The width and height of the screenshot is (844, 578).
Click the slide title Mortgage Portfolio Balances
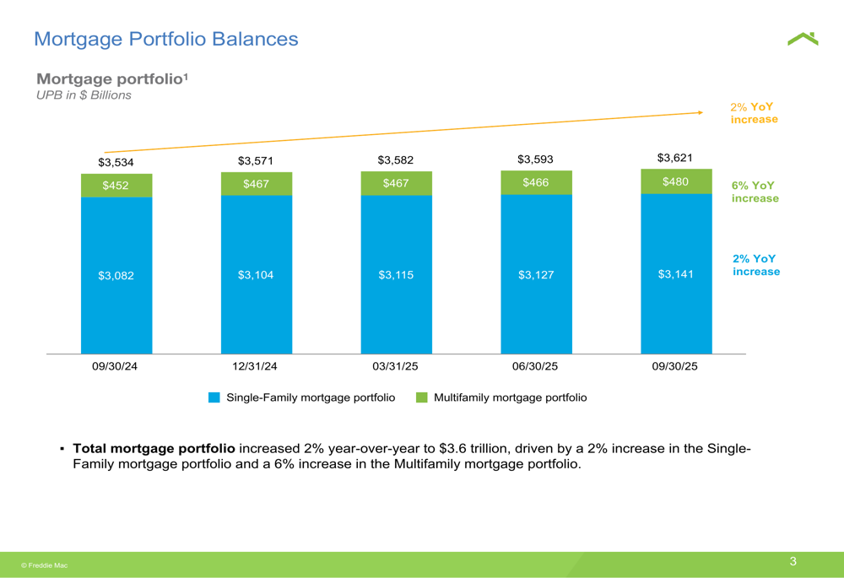165,39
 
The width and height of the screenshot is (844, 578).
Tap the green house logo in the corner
803,39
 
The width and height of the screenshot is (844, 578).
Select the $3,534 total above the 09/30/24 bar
116,162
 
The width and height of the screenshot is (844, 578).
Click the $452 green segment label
116,186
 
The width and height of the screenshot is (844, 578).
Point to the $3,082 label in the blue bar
116,275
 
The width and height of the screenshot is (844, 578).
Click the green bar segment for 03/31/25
396,183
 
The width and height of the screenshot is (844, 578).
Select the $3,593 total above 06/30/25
535,159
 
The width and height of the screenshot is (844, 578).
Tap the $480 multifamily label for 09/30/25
675,181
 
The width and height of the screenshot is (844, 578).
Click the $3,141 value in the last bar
675,274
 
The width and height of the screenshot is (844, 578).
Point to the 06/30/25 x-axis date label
535,367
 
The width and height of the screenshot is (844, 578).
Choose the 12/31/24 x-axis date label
255,367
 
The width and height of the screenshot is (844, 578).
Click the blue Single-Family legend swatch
214,397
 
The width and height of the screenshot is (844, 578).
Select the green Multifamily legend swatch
422,397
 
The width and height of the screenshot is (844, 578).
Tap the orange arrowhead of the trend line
700,111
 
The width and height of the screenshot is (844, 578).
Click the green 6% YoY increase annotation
755,192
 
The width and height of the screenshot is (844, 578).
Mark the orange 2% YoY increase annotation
753,113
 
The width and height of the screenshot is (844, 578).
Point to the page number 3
793,562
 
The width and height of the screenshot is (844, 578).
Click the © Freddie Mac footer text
45,565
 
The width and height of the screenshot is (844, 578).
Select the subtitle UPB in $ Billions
84,95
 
